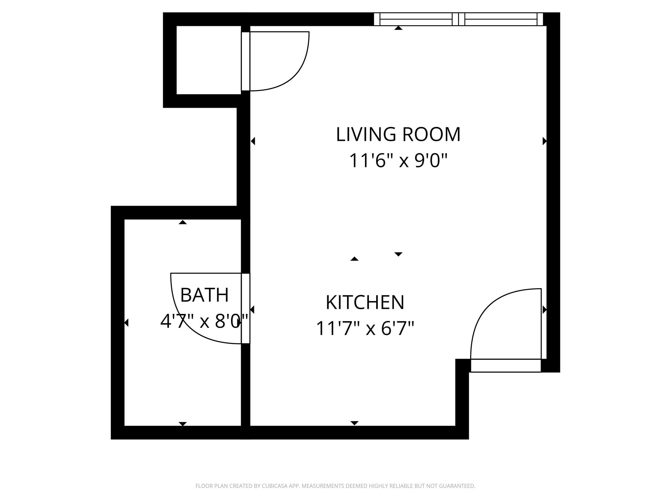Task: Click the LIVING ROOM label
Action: (398, 134)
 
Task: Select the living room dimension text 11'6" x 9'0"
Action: (398, 161)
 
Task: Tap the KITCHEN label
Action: (365, 302)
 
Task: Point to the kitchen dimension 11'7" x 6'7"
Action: (365, 328)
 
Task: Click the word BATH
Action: (204, 295)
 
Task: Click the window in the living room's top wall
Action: (458, 19)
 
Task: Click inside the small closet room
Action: (209, 60)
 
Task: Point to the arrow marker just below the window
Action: (398, 28)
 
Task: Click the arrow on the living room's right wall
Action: (544, 141)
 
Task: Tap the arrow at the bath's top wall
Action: (182, 222)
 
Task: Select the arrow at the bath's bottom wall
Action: (182, 424)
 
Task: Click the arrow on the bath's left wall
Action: (126, 323)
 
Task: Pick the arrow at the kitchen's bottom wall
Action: (354, 423)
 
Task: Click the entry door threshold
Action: (506, 365)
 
